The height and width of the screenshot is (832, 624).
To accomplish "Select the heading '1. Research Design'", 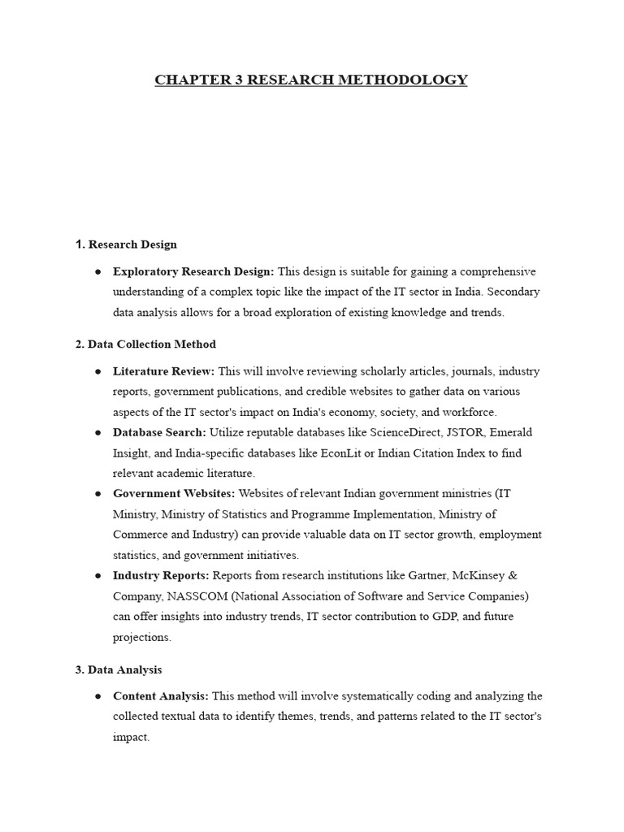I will coord(126,244).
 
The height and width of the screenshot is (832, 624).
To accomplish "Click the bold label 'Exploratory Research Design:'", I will coord(193,271).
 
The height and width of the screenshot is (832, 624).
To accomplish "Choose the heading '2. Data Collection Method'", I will coord(145,344).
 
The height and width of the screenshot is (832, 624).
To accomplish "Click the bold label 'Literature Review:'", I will coord(163,371).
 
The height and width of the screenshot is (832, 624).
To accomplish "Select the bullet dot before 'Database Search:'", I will coord(97,432).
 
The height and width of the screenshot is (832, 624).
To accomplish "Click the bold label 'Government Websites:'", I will coord(174,493).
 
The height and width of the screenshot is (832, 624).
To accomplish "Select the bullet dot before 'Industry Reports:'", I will coord(97,575).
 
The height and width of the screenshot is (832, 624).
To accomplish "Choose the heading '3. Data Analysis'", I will coord(119,669).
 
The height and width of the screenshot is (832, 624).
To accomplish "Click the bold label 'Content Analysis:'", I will coord(161,696).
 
